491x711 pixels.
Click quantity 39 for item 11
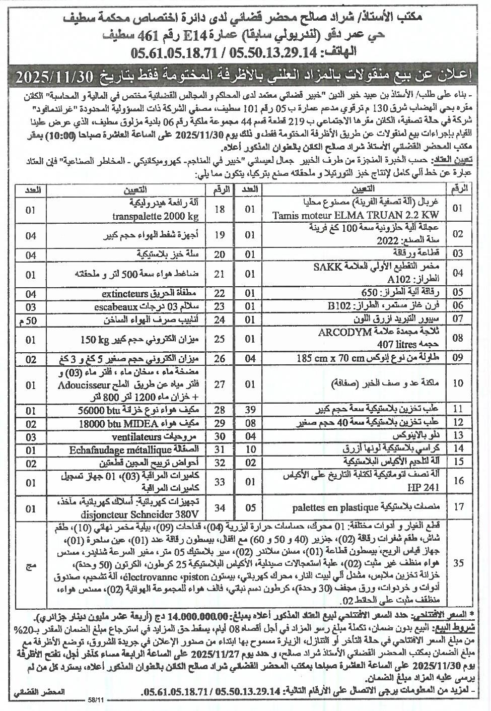tap(250, 408)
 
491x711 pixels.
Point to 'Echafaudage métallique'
tap(114, 449)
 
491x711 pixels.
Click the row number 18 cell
tap(220, 209)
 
